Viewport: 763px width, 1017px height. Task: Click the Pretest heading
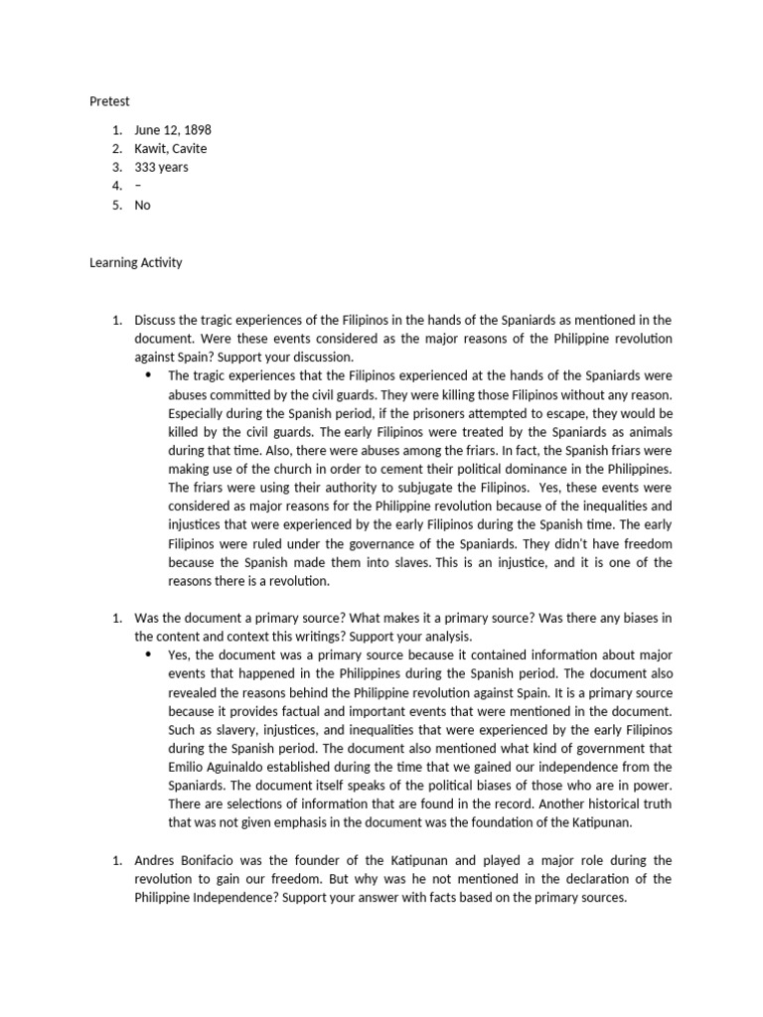[110, 101]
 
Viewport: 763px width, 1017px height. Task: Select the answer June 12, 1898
[173, 130]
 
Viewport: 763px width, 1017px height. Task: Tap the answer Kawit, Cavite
[171, 149]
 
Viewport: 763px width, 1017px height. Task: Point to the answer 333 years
[161, 168]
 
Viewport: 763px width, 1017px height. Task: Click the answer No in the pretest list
[143, 206]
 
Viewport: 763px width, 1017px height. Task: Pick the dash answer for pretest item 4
[137, 187]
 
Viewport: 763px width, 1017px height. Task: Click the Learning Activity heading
[135, 263]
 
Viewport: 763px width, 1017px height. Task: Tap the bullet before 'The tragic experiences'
[148, 375]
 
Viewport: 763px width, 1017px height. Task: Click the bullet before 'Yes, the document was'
[148, 655]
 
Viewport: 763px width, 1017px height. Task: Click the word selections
[243, 803]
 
